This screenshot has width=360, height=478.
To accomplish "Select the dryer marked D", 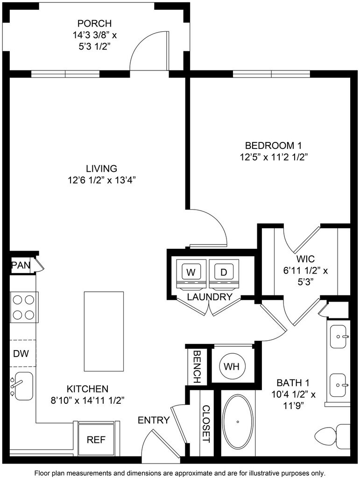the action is [x=224, y=272].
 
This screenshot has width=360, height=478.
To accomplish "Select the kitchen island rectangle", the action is [x=104, y=330].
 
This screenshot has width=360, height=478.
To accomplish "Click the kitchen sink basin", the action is [x=23, y=386].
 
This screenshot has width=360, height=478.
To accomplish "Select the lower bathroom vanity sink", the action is [x=340, y=385].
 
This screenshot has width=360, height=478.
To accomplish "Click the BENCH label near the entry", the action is [x=196, y=366].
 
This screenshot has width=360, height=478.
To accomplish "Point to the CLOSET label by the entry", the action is [x=205, y=423].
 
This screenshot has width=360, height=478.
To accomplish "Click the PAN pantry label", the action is [x=21, y=266].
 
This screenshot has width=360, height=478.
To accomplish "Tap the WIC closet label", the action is [x=305, y=259].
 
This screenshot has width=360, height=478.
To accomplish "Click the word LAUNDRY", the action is [x=210, y=297].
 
